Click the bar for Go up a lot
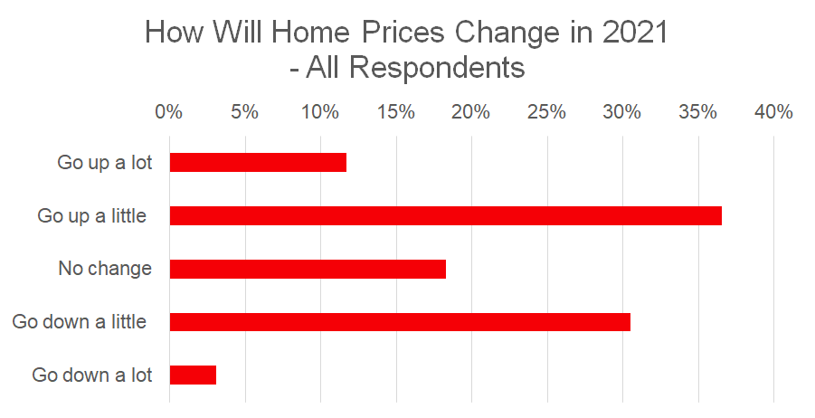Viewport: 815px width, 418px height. pyautogui.click(x=258, y=163)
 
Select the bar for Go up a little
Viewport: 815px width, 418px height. pyautogui.click(x=445, y=215)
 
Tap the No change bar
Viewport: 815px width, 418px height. pyautogui.click(x=308, y=269)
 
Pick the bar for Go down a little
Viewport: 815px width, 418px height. pyautogui.click(x=400, y=322)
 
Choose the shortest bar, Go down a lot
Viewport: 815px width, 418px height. pyautogui.click(x=193, y=375)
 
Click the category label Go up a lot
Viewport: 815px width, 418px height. pyautogui.click(x=105, y=163)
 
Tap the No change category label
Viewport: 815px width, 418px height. pyautogui.click(x=105, y=269)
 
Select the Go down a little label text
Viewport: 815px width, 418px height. pyautogui.click(x=80, y=322)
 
